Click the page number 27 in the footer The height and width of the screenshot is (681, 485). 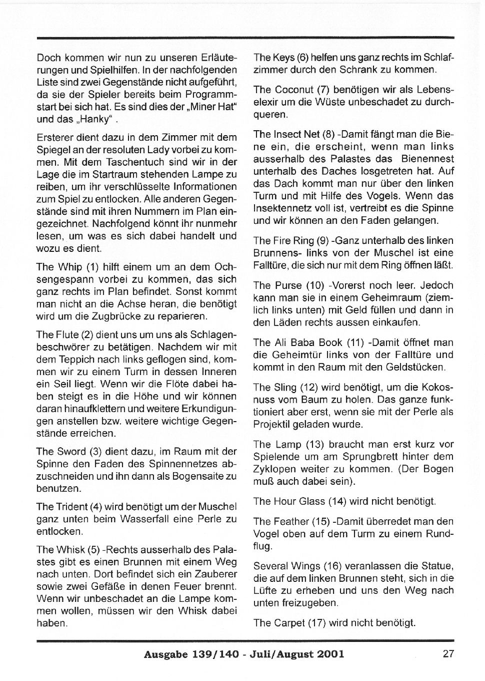click(448, 653)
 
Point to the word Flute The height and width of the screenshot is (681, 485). click(66, 334)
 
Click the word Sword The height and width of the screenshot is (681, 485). click(70, 451)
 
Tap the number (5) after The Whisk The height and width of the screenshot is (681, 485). click(94, 549)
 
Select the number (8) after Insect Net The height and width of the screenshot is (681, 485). click(328, 134)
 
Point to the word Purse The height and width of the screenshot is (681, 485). click(287, 285)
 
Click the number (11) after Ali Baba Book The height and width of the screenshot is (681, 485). click(355, 343)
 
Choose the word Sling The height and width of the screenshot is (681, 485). click(285, 387)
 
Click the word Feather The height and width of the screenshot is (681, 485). click(291, 521)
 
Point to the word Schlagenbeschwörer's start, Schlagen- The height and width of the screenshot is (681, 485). click(208, 334)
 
